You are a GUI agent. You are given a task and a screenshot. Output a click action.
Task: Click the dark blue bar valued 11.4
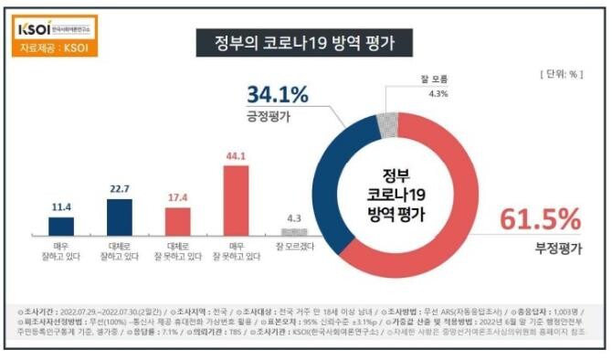click(61, 226)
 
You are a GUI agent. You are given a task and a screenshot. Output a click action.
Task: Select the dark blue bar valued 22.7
click(120, 217)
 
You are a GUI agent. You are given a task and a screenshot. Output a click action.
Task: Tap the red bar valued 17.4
click(177, 221)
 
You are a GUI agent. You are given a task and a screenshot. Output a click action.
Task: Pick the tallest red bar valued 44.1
click(236, 201)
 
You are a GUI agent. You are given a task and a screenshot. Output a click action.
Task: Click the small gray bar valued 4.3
click(293, 232)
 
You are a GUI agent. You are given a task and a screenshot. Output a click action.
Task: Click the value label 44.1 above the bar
click(236, 155)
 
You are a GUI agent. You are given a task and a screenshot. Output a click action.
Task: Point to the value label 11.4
click(61, 207)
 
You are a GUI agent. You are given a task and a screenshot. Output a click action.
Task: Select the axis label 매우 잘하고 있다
click(61, 251)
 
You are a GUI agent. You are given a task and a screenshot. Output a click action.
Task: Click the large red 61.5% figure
click(539, 219)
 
